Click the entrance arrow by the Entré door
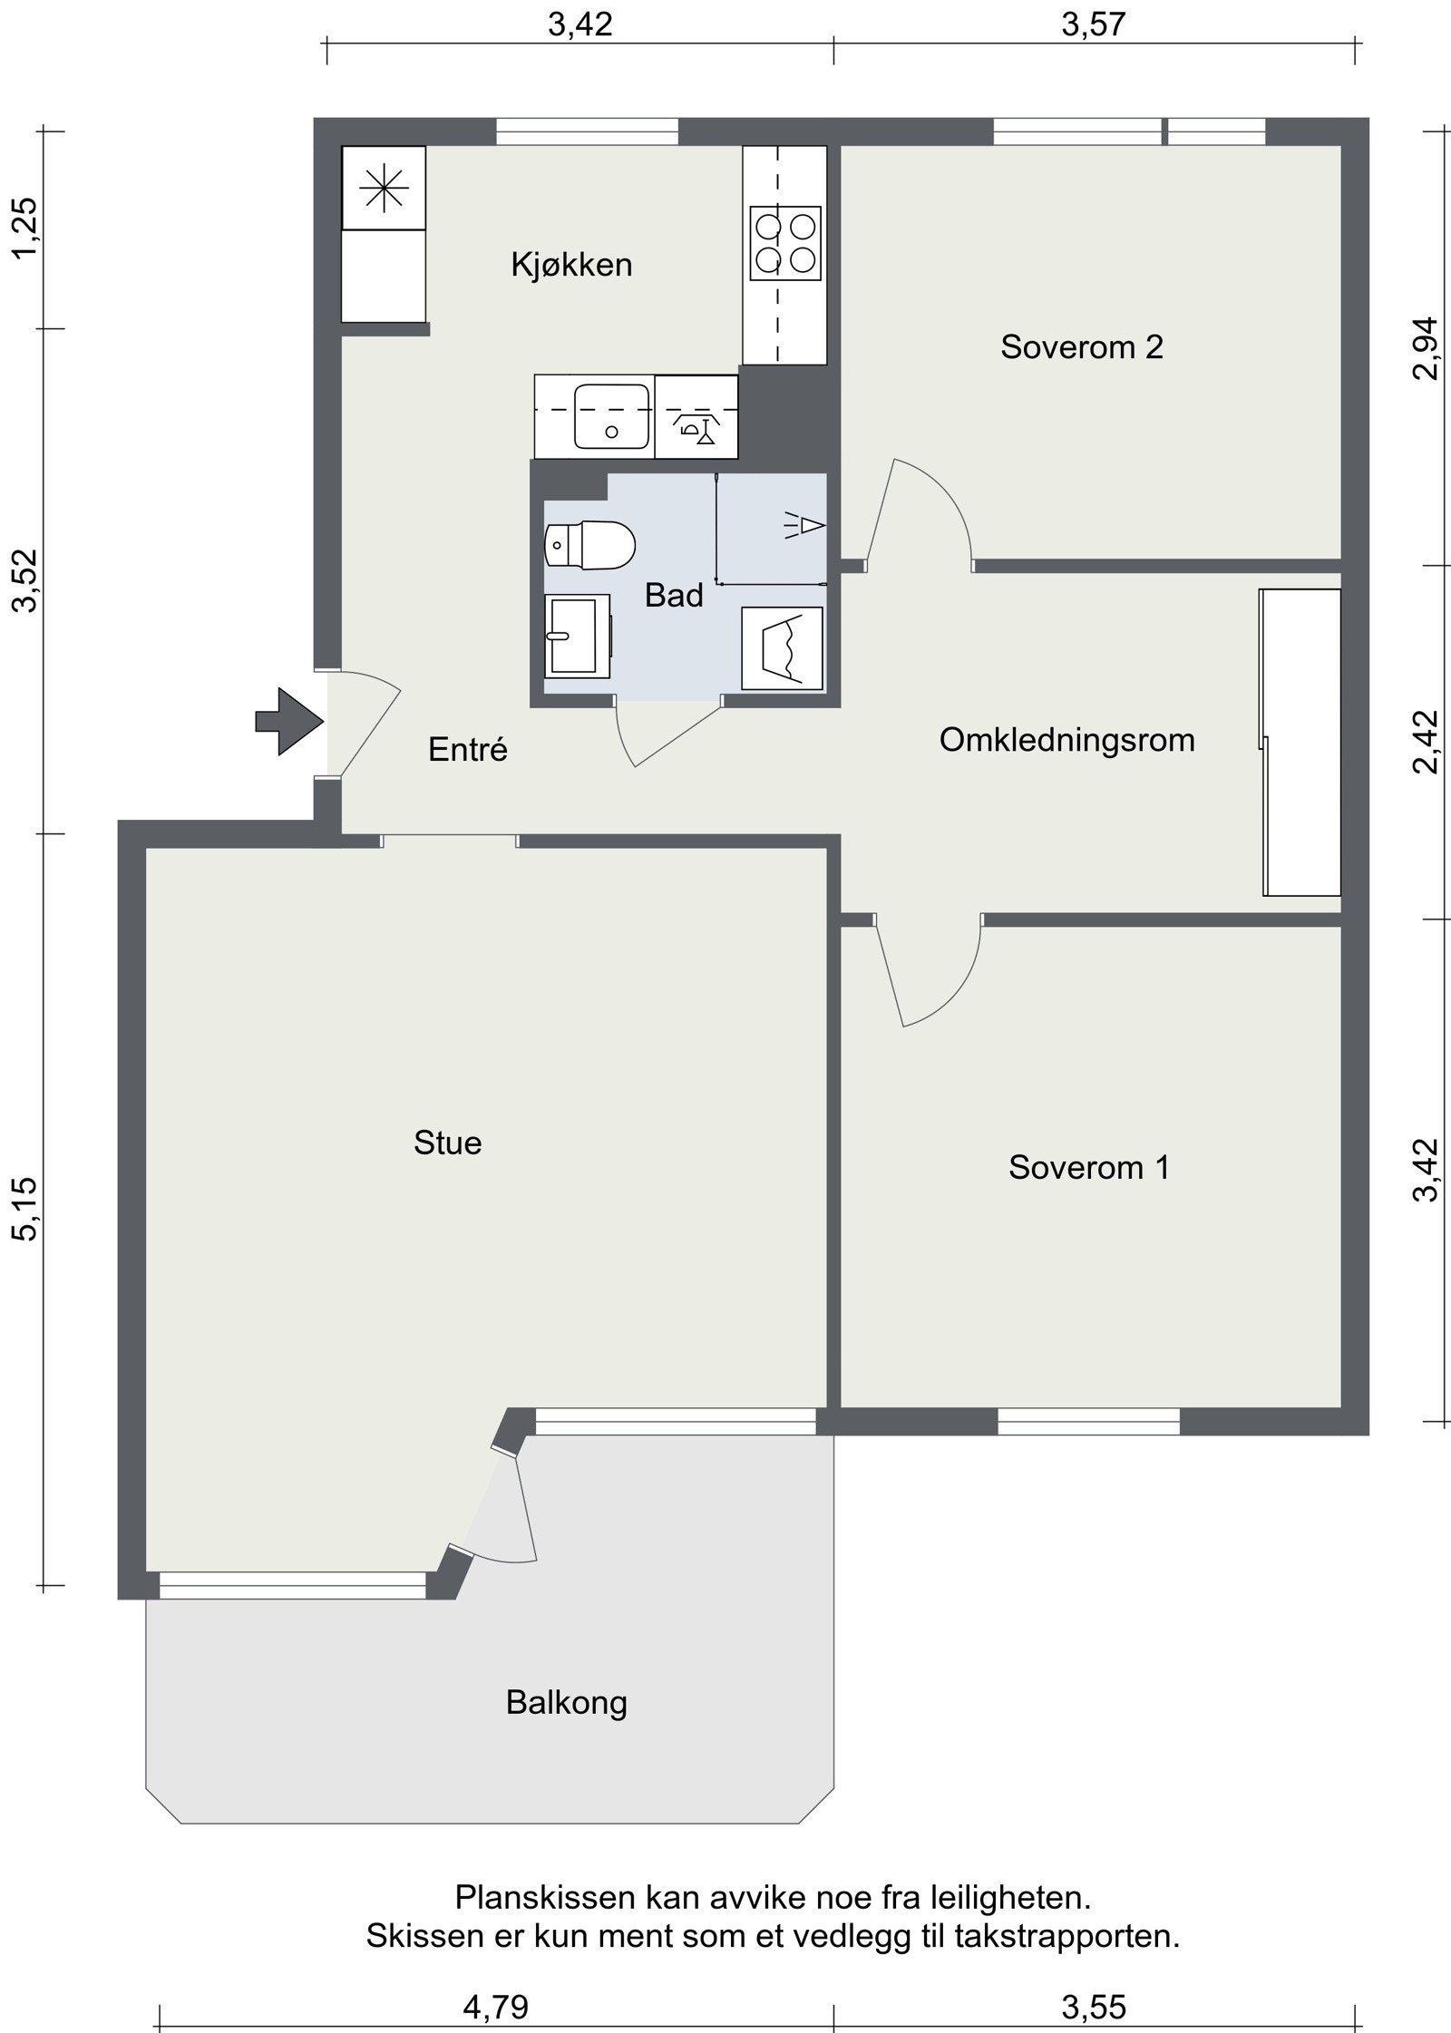pyautogui.click(x=290, y=722)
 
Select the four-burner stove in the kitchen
pyautogui.click(x=785, y=242)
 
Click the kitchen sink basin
pyautogui.click(x=613, y=416)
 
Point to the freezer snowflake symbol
pyautogui.click(x=384, y=188)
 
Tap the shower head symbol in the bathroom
pyautogui.click(x=806, y=525)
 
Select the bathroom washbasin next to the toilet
pyautogui.click(x=576, y=637)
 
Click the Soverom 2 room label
pyautogui.click(x=1081, y=347)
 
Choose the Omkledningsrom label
pyautogui.click(x=1066, y=740)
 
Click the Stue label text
pyautogui.click(x=447, y=1143)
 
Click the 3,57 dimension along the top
pyautogui.click(x=1093, y=25)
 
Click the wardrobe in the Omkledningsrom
pyautogui.click(x=1300, y=742)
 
